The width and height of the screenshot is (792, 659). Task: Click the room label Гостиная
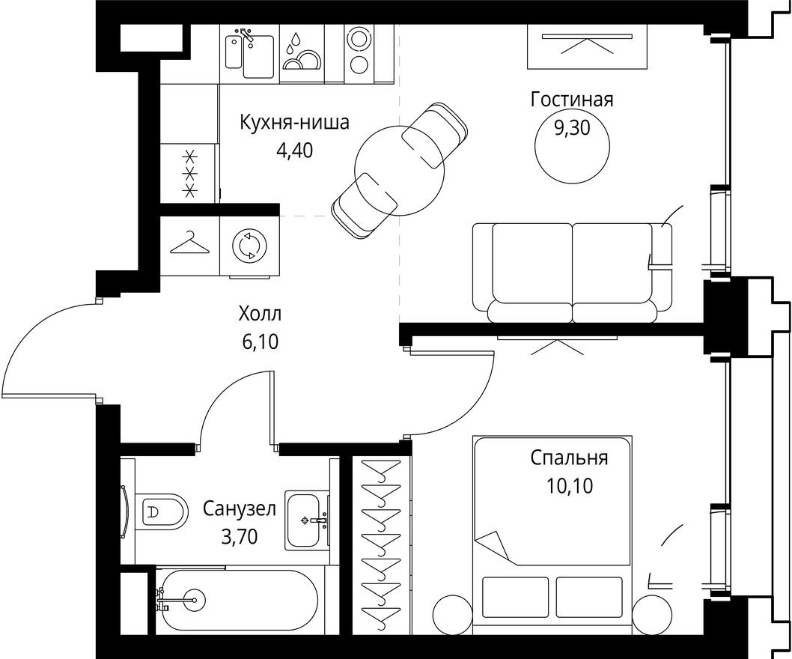(x=571, y=100)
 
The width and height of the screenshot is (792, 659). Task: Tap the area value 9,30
(x=571, y=128)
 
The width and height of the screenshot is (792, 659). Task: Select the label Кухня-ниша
(x=293, y=123)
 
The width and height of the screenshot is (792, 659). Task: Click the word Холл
(x=261, y=313)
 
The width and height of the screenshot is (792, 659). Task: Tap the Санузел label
(x=240, y=509)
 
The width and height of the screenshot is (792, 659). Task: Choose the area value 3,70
(x=240, y=537)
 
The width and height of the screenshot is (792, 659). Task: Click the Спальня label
(x=569, y=458)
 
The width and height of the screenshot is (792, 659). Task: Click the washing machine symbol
(x=249, y=246)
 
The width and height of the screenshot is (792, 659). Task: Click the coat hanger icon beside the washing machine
(x=189, y=243)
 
